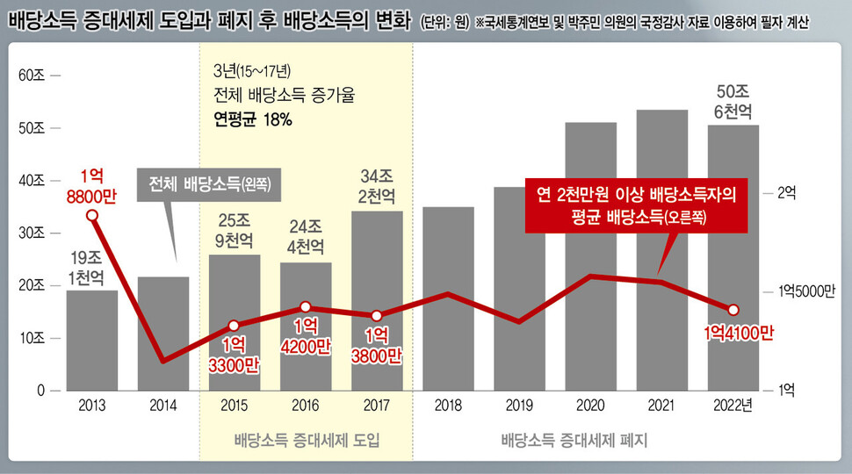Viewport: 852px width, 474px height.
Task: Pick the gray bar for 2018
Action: point(448,298)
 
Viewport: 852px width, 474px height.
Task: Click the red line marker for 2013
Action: point(92,214)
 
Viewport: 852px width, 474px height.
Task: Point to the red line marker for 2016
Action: point(306,307)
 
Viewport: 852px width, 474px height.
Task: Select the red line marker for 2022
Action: point(733,309)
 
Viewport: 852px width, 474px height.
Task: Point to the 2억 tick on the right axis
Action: point(787,195)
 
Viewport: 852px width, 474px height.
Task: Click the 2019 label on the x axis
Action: point(519,405)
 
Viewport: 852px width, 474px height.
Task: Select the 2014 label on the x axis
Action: point(163,405)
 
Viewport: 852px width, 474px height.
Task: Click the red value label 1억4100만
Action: point(738,333)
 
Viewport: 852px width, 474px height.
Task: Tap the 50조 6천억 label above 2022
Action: point(733,101)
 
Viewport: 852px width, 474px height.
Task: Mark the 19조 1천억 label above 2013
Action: point(92,268)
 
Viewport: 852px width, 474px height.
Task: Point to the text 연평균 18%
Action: point(253,118)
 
